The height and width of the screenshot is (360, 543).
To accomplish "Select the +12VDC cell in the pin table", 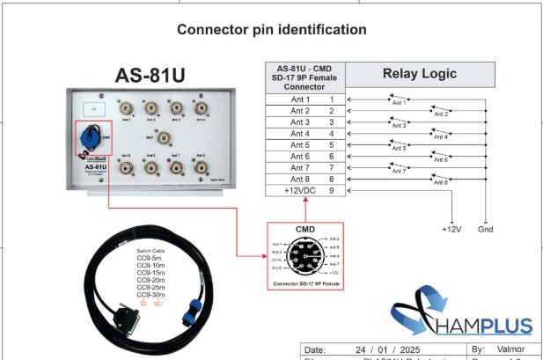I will (x=298, y=189).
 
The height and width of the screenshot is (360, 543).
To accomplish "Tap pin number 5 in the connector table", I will (x=332, y=144).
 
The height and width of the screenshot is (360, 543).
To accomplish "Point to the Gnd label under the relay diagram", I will (x=484, y=230).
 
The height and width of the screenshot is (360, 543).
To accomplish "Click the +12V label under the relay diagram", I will (x=451, y=230).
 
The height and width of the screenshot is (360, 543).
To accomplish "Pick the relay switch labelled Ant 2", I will (x=440, y=111).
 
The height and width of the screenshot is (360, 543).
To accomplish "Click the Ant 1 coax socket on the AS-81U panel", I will (x=128, y=109).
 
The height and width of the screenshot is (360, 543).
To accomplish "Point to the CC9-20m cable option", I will (x=150, y=280).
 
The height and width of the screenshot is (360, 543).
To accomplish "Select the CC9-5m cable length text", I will (x=149, y=259).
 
